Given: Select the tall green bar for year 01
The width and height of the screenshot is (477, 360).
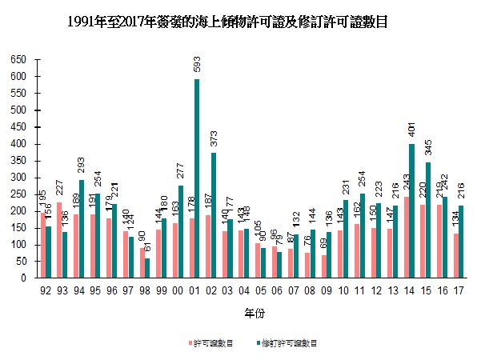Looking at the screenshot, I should click(197, 178).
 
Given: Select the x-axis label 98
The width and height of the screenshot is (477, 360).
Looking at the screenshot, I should click(141, 290).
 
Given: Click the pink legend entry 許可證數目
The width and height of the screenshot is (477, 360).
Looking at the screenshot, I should click(213, 343).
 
